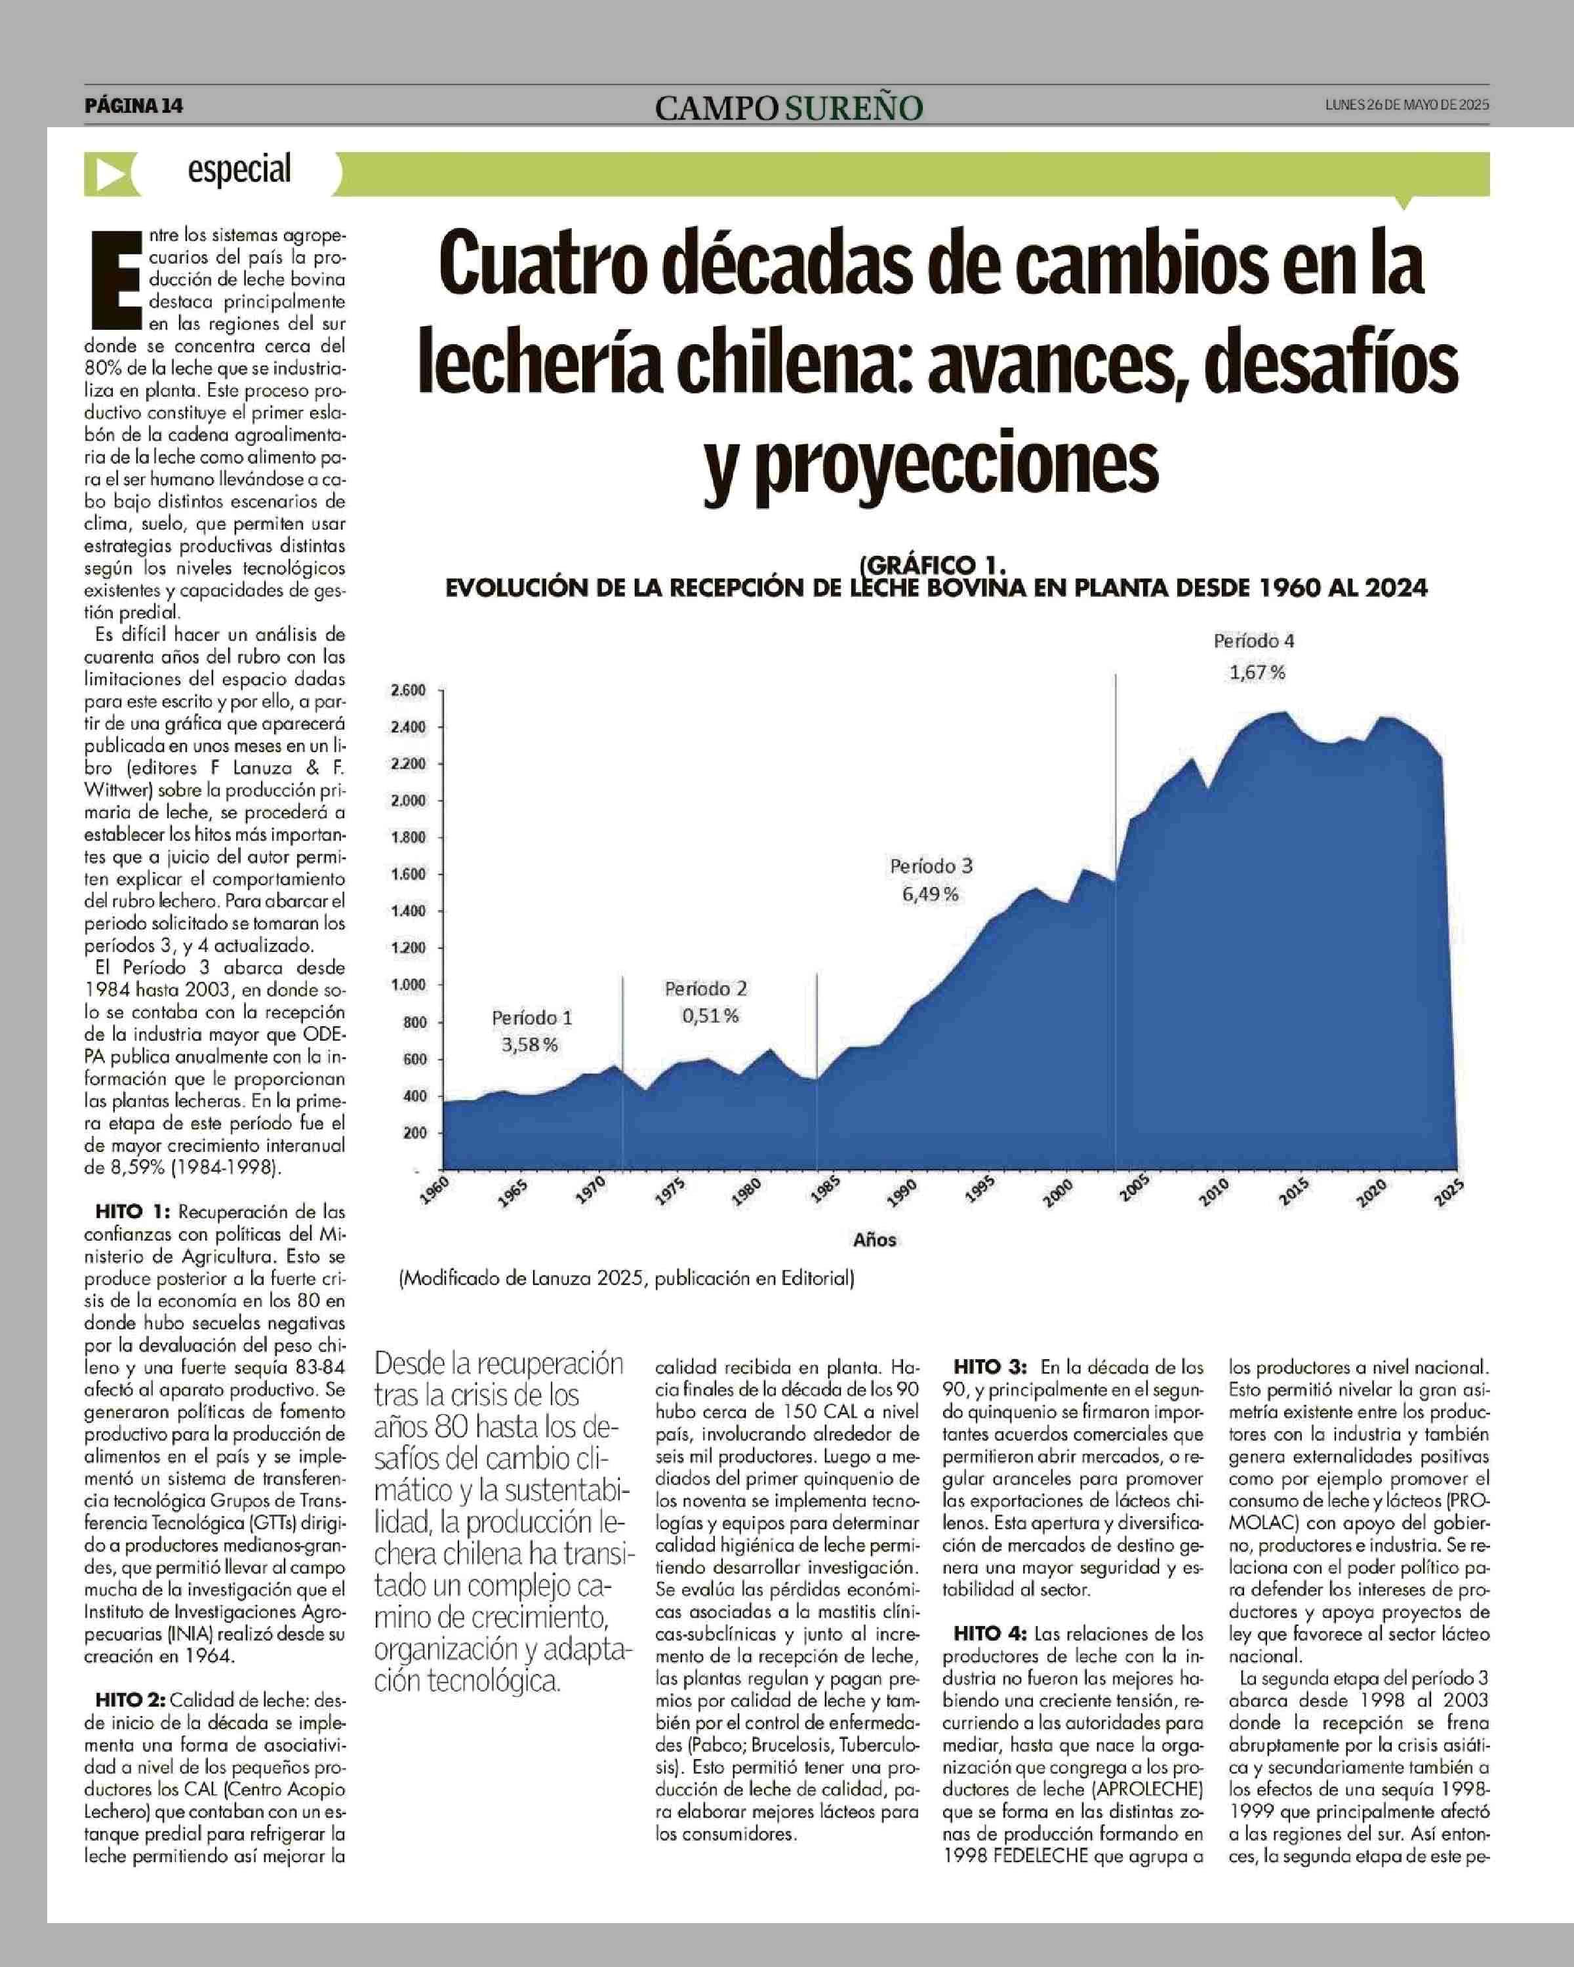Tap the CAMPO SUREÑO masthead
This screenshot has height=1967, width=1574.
click(788, 108)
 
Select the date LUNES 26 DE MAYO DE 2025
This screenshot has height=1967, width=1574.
click(1406, 105)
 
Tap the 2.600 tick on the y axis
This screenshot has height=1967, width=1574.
click(408, 690)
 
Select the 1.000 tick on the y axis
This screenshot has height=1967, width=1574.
click(408, 984)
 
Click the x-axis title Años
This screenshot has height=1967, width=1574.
click(874, 1240)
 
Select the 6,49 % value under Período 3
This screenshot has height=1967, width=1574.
click(930, 894)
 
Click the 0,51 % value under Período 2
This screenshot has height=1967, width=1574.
click(710, 1016)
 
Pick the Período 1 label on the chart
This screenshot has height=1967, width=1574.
click(532, 1017)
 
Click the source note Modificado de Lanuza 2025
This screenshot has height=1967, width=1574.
click(626, 1278)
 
